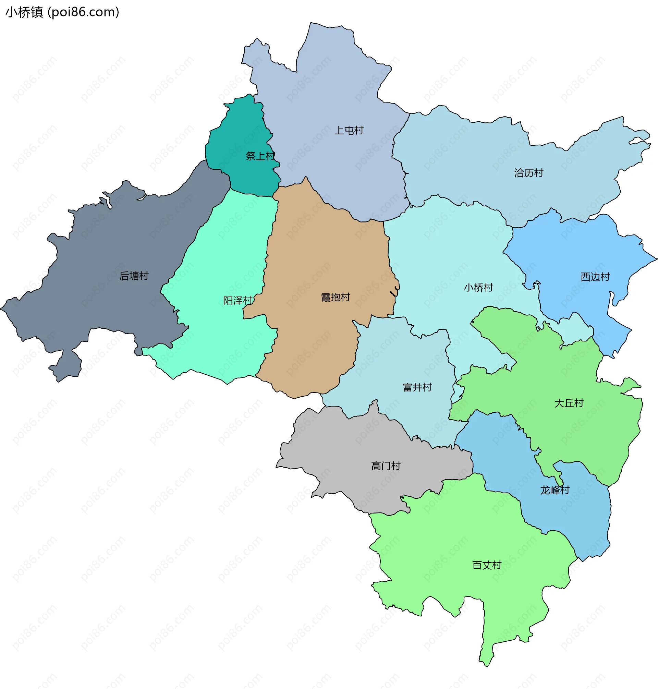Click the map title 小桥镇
pos(24,12)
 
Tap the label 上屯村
pos(349,131)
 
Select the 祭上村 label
pos(260,156)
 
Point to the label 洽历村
pos(528,173)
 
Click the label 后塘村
pos(134,276)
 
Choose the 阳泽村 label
pos(238,301)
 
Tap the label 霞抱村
pos(335,298)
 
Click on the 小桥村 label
pos(478,288)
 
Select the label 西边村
pos(595,277)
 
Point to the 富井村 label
pos(417,387)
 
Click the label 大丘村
pos(569,403)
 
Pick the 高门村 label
pos(386,466)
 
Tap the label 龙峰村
pos(555,490)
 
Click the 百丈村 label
pos(487,565)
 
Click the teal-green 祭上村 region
pos(239,133)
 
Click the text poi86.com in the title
pos(84,12)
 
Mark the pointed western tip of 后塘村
pos(2,309)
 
